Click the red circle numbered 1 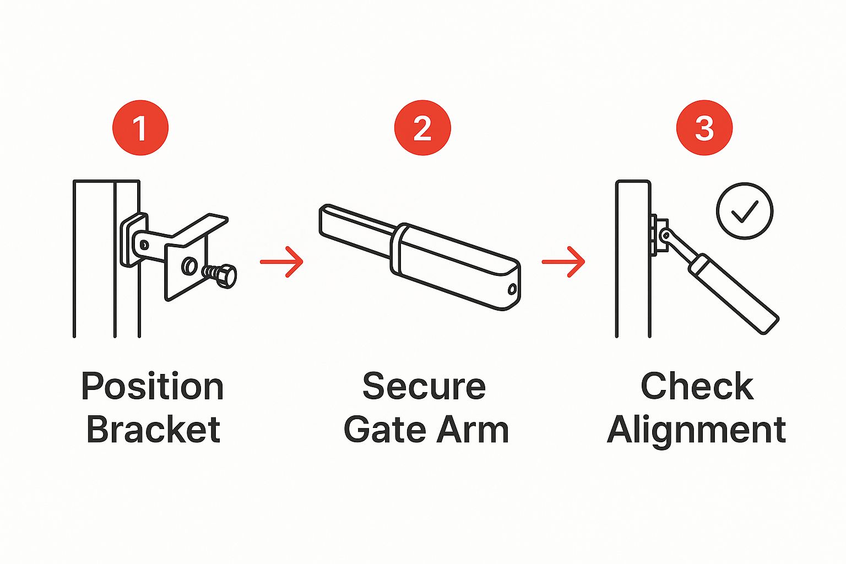pos(140,128)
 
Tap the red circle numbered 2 pos(422,128)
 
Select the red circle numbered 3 pos(704,128)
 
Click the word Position pos(153,386)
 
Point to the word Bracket pos(153,429)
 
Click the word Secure pos(424,386)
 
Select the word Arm pos(473,429)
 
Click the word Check pos(697,386)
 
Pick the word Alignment pos(697,431)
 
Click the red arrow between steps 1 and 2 pos(282,262)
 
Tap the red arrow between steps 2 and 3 pos(563,262)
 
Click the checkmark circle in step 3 pos(745,211)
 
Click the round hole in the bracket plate pos(189,267)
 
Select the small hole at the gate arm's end pos(512,290)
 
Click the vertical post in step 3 pos(633,259)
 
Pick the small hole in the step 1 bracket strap pos(144,245)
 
